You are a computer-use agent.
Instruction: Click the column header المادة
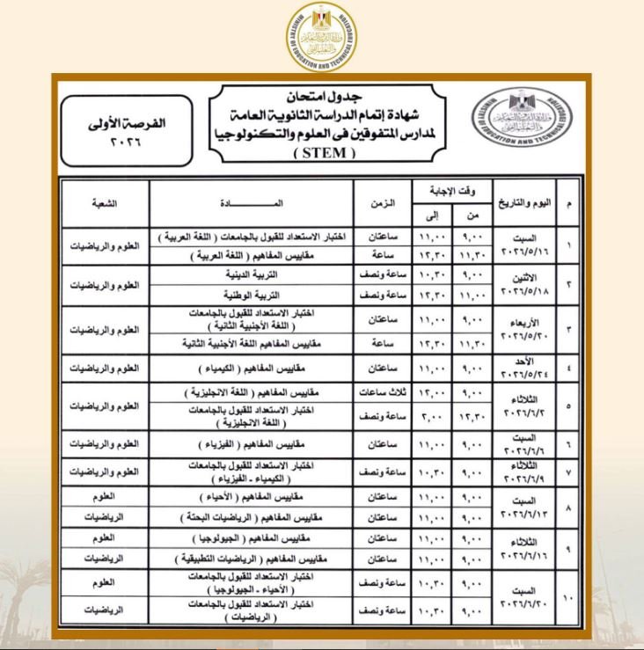pyautogui.click(x=252, y=203)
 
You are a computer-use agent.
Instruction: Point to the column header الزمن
pyautogui.click(x=380, y=203)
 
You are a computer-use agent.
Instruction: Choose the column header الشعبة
pyautogui.click(x=105, y=203)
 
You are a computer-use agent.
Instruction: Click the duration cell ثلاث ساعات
pyautogui.click(x=380, y=391)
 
